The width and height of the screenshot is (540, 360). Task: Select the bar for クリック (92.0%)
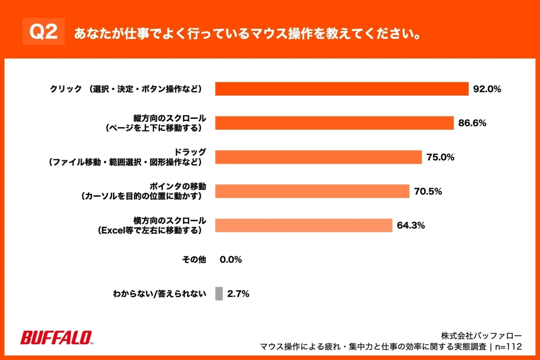342,89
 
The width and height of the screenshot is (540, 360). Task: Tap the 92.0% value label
487,89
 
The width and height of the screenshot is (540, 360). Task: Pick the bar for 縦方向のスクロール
334,123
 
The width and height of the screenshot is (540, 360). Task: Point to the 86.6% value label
472,123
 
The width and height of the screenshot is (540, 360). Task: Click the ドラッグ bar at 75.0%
319,157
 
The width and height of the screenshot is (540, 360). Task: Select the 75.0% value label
440,157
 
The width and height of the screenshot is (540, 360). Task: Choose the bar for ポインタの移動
312,191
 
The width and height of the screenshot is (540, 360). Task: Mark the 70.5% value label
428,191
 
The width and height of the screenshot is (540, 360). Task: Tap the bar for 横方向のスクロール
304,225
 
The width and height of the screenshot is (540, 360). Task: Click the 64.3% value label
411,225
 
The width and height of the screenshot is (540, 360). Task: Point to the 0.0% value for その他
231,260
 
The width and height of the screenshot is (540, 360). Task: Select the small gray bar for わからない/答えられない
219,294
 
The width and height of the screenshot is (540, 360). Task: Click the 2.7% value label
238,294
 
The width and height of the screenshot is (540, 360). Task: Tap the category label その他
194,260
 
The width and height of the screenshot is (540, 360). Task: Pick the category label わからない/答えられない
159,294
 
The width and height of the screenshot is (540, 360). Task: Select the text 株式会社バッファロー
481,336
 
